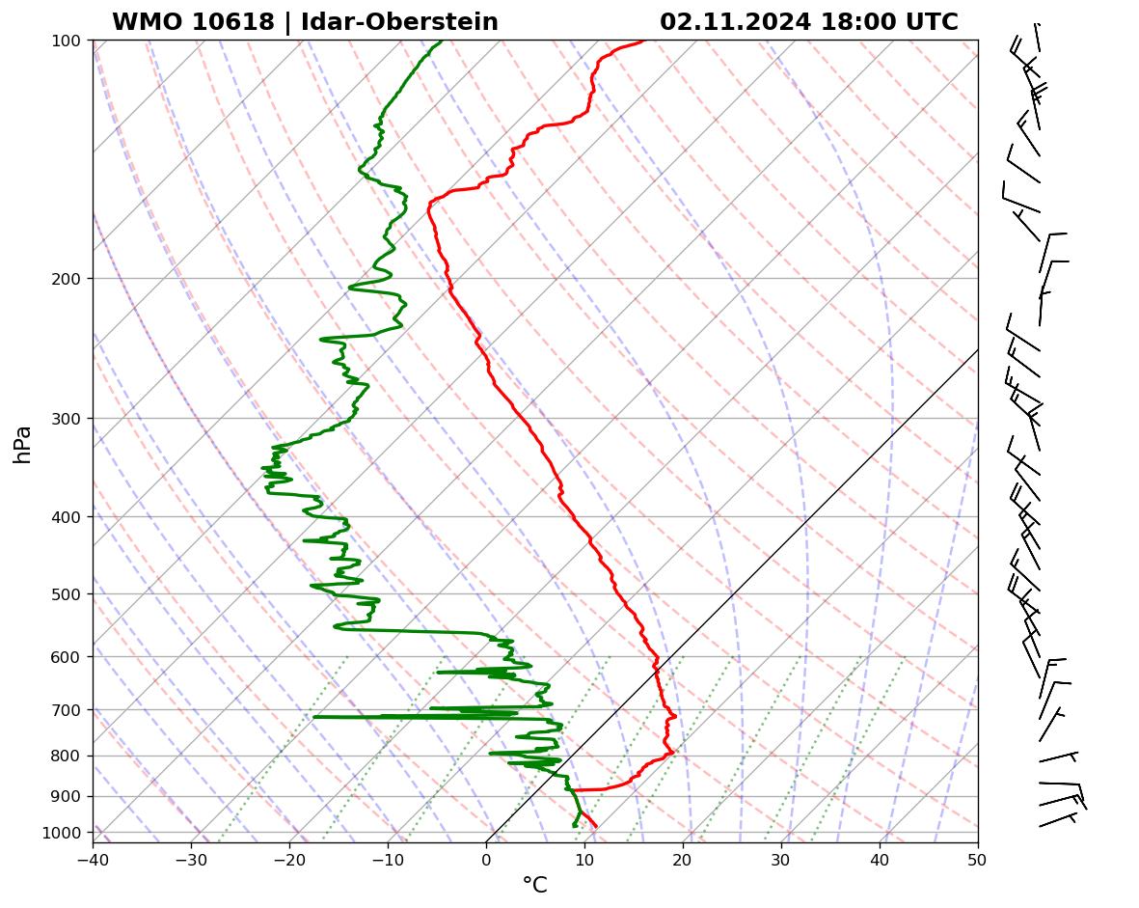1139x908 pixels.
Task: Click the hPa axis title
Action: coord(22,444)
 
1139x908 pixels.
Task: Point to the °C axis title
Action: coord(534,885)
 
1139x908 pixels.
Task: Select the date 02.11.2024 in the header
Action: coord(735,22)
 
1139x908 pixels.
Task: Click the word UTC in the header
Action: coord(931,22)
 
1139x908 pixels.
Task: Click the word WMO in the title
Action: coord(146,22)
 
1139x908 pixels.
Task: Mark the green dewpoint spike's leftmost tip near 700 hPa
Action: coord(314,717)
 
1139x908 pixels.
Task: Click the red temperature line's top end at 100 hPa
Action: coord(644,41)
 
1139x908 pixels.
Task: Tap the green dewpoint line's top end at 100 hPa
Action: coord(442,41)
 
